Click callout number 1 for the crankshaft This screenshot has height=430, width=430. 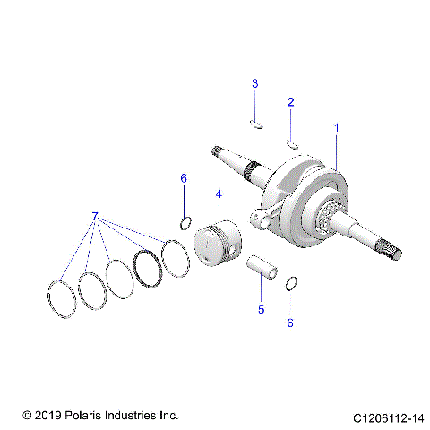[337, 129]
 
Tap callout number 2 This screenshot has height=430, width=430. [290, 103]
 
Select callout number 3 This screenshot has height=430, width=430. [254, 83]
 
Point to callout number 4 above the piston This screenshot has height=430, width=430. [217, 194]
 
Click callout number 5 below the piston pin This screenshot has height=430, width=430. [262, 309]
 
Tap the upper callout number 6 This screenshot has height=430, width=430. [184, 179]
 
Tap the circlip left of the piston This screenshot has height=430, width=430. [185, 222]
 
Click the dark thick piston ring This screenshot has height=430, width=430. [145, 264]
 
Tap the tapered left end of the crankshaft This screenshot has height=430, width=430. [225, 156]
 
